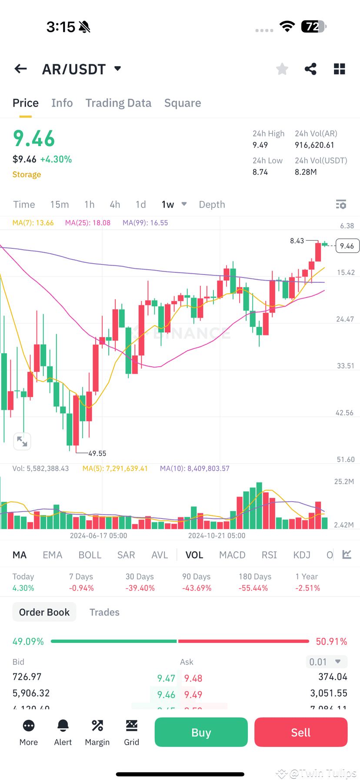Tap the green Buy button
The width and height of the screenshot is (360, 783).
point(201,732)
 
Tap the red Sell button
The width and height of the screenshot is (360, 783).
point(300,732)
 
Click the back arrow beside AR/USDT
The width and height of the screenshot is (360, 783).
point(20,69)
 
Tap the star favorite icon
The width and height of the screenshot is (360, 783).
point(282,69)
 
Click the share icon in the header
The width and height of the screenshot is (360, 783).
point(310,69)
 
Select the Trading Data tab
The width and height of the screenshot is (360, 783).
point(118,103)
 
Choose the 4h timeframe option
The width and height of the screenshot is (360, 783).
point(115,204)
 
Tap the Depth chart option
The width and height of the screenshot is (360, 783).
point(212,204)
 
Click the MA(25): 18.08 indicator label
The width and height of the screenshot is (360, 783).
point(88,223)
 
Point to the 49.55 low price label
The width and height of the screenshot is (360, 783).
point(97,453)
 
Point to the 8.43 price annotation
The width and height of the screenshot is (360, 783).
point(297,241)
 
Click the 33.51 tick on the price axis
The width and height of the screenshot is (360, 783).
point(345,366)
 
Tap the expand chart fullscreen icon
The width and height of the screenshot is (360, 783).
point(22,442)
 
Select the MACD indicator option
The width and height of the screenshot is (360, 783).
point(232,555)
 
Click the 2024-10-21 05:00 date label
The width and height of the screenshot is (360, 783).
point(217,535)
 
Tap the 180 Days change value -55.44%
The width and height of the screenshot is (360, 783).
point(253,588)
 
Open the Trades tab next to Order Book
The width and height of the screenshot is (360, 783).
point(104,612)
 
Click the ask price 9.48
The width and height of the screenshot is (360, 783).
point(193,678)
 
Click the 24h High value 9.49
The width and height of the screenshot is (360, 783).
point(260,145)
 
